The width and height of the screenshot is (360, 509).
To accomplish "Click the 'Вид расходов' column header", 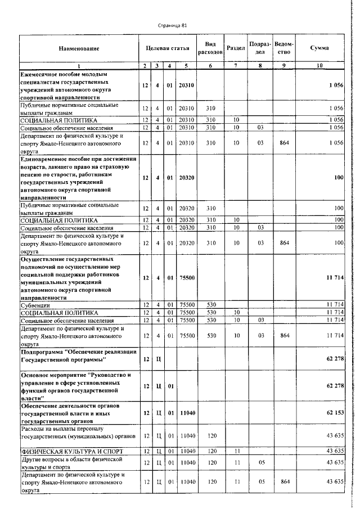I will pos(210,48).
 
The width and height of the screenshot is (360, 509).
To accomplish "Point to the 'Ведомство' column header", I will pos(284,48).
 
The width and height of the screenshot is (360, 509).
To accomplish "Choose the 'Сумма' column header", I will pos(319,49).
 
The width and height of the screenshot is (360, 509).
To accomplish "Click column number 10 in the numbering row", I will pos(319,66).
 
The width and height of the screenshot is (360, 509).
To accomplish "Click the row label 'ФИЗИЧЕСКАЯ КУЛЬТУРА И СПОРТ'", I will pos(62,451).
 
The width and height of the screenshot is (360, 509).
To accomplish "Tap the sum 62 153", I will pos(334,413).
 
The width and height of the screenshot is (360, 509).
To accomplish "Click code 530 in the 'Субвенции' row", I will pos(210,305).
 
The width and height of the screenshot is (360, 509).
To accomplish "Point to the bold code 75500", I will pos(186,278).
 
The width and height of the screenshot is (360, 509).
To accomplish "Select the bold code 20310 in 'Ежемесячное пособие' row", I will pos(186,85).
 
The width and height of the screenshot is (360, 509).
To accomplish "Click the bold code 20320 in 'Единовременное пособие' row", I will pos(186,178).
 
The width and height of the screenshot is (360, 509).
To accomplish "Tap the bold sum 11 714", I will pos(334,278).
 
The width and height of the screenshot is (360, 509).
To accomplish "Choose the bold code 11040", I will pos(186,413).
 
